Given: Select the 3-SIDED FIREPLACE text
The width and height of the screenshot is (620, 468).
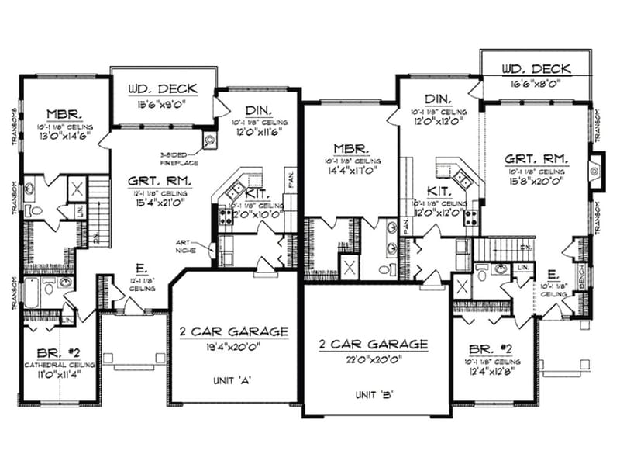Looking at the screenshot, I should (x=178, y=158).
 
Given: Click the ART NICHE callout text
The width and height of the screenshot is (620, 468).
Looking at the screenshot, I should (x=189, y=247).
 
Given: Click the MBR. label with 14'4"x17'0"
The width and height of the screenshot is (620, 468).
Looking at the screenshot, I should (x=350, y=147).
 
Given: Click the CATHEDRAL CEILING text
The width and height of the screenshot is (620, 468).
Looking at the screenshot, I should (x=58, y=364).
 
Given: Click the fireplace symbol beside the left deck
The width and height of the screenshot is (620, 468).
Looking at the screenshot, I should (x=210, y=140).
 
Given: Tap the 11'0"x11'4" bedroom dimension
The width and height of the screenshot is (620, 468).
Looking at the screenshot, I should (x=58, y=373).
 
